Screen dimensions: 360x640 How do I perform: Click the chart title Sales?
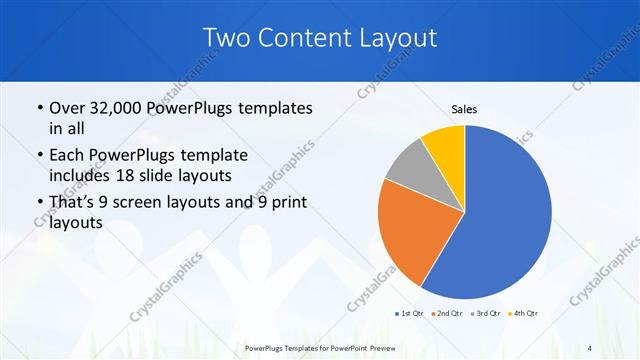(x=464, y=108)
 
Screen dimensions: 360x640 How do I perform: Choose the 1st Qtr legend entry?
(x=411, y=314)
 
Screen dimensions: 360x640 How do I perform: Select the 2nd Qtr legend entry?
(x=447, y=314)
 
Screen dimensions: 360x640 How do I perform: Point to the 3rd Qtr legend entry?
(x=484, y=314)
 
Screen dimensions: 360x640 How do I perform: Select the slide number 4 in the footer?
(x=588, y=347)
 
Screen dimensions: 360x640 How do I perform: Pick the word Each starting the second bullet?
(x=67, y=156)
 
